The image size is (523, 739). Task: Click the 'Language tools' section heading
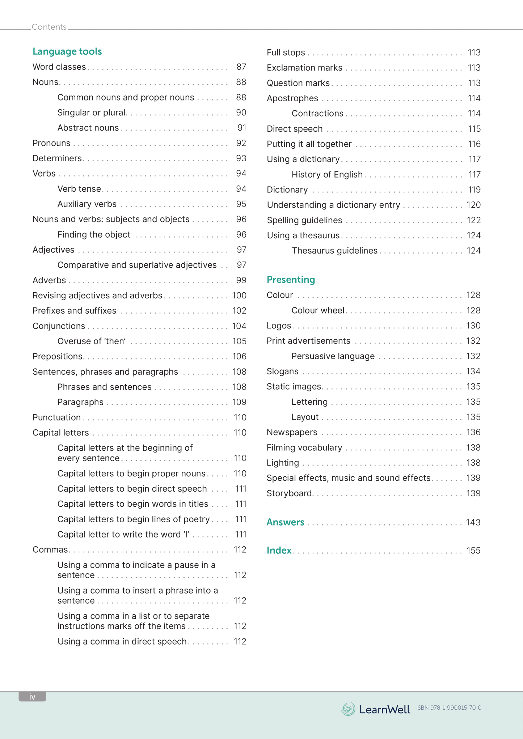(x=67, y=51)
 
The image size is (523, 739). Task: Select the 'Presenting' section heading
(x=291, y=280)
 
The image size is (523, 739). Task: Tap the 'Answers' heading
(x=285, y=522)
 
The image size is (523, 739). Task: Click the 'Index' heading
(x=279, y=550)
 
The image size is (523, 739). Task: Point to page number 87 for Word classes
(x=241, y=67)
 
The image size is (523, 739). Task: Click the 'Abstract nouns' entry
(x=88, y=128)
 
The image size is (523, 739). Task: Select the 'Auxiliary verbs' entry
(x=87, y=204)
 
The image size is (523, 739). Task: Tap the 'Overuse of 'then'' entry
(x=92, y=341)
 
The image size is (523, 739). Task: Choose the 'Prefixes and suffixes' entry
(x=74, y=311)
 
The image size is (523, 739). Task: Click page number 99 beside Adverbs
(x=241, y=280)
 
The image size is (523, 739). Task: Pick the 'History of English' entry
(x=327, y=174)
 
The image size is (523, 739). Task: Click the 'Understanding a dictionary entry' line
(x=333, y=205)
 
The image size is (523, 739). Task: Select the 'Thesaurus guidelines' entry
(x=334, y=251)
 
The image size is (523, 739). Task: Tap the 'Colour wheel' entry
(x=318, y=310)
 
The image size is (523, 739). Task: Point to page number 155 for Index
(x=473, y=551)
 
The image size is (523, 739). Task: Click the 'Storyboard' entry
(x=289, y=493)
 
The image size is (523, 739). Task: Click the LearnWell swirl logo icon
(x=348, y=709)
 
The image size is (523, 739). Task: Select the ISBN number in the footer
(x=448, y=708)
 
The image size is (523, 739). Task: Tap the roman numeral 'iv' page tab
(x=32, y=696)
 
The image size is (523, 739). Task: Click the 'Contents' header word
(x=49, y=27)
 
